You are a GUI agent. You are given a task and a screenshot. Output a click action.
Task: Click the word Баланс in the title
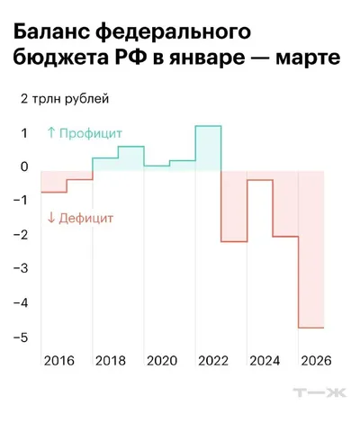[51, 31]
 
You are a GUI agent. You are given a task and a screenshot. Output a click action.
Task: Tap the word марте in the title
[308, 58]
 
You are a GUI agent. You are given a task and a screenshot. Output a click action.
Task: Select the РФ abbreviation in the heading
[131, 57]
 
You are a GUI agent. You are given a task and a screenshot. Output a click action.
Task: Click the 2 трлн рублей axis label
[65, 99]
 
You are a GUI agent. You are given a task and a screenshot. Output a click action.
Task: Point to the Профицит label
[91, 133]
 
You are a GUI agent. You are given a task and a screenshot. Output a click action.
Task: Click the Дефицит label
[86, 218]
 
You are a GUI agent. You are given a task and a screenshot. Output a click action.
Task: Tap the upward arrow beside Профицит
[51, 132]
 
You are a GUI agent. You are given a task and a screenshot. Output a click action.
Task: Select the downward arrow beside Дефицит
[51, 218]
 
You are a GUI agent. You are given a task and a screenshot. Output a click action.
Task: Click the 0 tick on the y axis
[24, 166]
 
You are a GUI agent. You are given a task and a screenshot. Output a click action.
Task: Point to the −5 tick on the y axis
[21, 337]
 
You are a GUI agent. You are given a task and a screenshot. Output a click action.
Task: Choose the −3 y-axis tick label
[21, 267]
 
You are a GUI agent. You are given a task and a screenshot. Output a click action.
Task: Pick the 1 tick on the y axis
[24, 133]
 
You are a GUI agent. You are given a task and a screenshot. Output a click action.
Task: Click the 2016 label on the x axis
[58, 361]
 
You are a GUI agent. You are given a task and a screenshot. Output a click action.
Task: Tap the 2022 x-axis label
[213, 361]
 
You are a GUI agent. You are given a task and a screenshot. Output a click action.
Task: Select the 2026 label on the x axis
[316, 361]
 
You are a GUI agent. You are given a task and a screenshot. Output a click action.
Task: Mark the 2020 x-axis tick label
[162, 361]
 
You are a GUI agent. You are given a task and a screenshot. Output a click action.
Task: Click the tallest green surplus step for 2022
[208, 126]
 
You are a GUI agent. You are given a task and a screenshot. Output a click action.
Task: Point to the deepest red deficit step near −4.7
[311, 328]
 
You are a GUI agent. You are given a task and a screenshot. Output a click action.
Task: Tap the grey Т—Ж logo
[319, 392]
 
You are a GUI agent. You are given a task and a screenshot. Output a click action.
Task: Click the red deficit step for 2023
[234, 241]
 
